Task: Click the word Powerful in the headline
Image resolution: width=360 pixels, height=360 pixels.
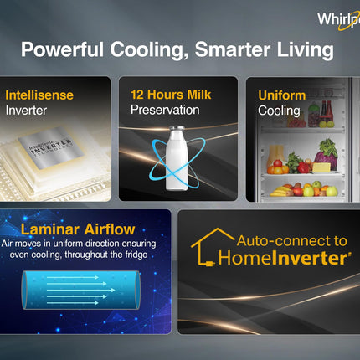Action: [x=62, y=50]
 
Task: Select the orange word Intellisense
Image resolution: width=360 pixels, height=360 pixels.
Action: [x=39, y=95]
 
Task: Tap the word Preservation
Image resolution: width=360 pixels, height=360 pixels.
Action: [x=165, y=110]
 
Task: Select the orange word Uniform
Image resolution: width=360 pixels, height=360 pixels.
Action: [x=282, y=95]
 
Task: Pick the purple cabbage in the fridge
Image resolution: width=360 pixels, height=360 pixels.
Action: [x=327, y=151]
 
